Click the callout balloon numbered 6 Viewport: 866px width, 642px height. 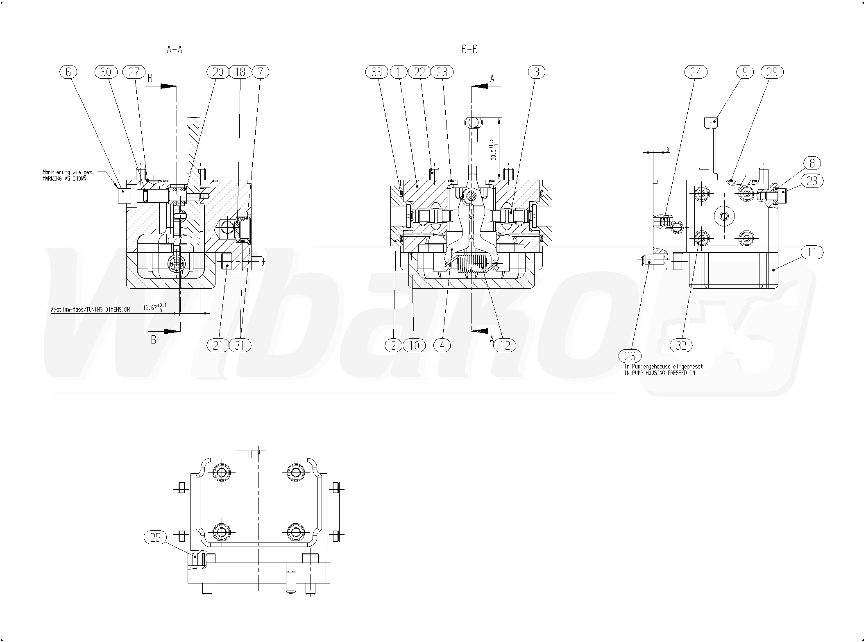68,72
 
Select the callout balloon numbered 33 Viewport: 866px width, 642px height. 376,72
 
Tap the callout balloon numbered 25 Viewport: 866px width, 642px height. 155,537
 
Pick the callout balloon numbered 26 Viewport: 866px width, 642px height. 630,356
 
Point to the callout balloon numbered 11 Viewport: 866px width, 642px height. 812,253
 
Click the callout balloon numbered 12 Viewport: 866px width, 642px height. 505,346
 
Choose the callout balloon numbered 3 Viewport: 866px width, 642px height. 537,72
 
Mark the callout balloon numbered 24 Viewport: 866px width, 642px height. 696,72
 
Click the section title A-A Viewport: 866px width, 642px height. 174,50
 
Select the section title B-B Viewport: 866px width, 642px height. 469,50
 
